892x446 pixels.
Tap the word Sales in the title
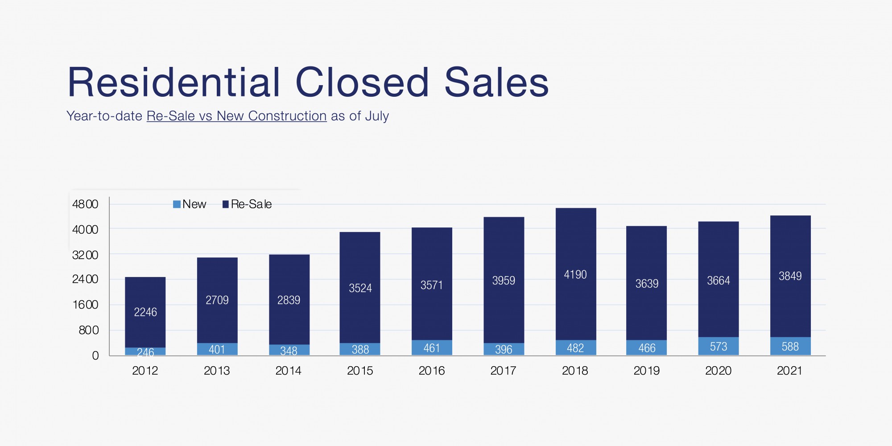pos(496,83)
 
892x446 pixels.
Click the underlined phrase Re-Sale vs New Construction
pos(236,116)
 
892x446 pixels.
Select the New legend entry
pos(190,204)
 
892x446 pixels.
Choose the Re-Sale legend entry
pos(247,204)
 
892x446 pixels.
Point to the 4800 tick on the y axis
pos(85,204)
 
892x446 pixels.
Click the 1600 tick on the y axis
pos(85,305)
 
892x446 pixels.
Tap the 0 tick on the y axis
pos(95,355)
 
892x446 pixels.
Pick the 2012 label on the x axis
pos(145,371)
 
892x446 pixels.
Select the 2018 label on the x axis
pos(575,371)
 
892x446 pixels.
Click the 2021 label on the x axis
pos(789,371)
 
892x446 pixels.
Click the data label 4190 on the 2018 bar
pos(575,275)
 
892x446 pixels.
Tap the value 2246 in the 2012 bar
pos(145,312)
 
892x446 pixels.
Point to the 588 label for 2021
pos(790,347)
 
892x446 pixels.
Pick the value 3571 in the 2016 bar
pos(432,285)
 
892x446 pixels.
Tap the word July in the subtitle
pos(377,116)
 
